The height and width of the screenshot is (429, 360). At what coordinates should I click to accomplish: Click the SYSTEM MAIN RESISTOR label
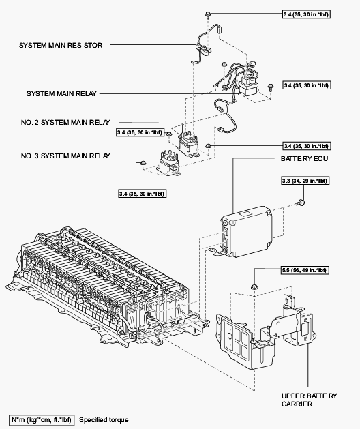tap(61, 45)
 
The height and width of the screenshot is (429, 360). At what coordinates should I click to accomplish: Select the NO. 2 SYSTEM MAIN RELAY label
tap(65, 122)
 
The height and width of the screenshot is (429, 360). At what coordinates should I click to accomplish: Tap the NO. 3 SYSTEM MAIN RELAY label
tap(65, 156)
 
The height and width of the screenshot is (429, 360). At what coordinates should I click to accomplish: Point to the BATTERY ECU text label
tap(304, 159)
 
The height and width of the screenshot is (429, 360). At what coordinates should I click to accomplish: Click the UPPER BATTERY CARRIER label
tap(309, 400)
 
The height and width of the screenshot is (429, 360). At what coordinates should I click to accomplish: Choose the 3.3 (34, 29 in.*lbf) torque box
tap(305, 181)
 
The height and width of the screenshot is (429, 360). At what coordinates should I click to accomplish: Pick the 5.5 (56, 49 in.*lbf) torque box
tap(305, 270)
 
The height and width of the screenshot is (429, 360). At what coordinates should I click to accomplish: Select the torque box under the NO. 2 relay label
tap(140, 133)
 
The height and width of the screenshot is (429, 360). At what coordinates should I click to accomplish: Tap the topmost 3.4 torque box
tap(306, 14)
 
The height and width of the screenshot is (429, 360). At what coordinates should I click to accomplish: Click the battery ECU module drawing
tap(245, 232)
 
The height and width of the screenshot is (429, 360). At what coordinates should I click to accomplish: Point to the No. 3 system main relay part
tap(168, 162)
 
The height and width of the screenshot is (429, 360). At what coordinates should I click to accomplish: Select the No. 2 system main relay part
tap(189, 144)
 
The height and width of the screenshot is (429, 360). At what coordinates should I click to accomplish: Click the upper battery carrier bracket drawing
tap(265, 332)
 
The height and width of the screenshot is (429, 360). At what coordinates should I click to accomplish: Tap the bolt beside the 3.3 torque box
tap(301, 203)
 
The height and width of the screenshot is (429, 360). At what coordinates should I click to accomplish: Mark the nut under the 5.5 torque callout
tap(254, 286)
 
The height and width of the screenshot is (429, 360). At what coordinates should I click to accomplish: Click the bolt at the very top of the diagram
tap(208, 14)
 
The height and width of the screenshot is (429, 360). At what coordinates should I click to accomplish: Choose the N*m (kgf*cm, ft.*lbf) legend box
tap(42, 419)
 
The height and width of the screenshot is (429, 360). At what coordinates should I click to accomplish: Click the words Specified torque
tap(104, 420)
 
